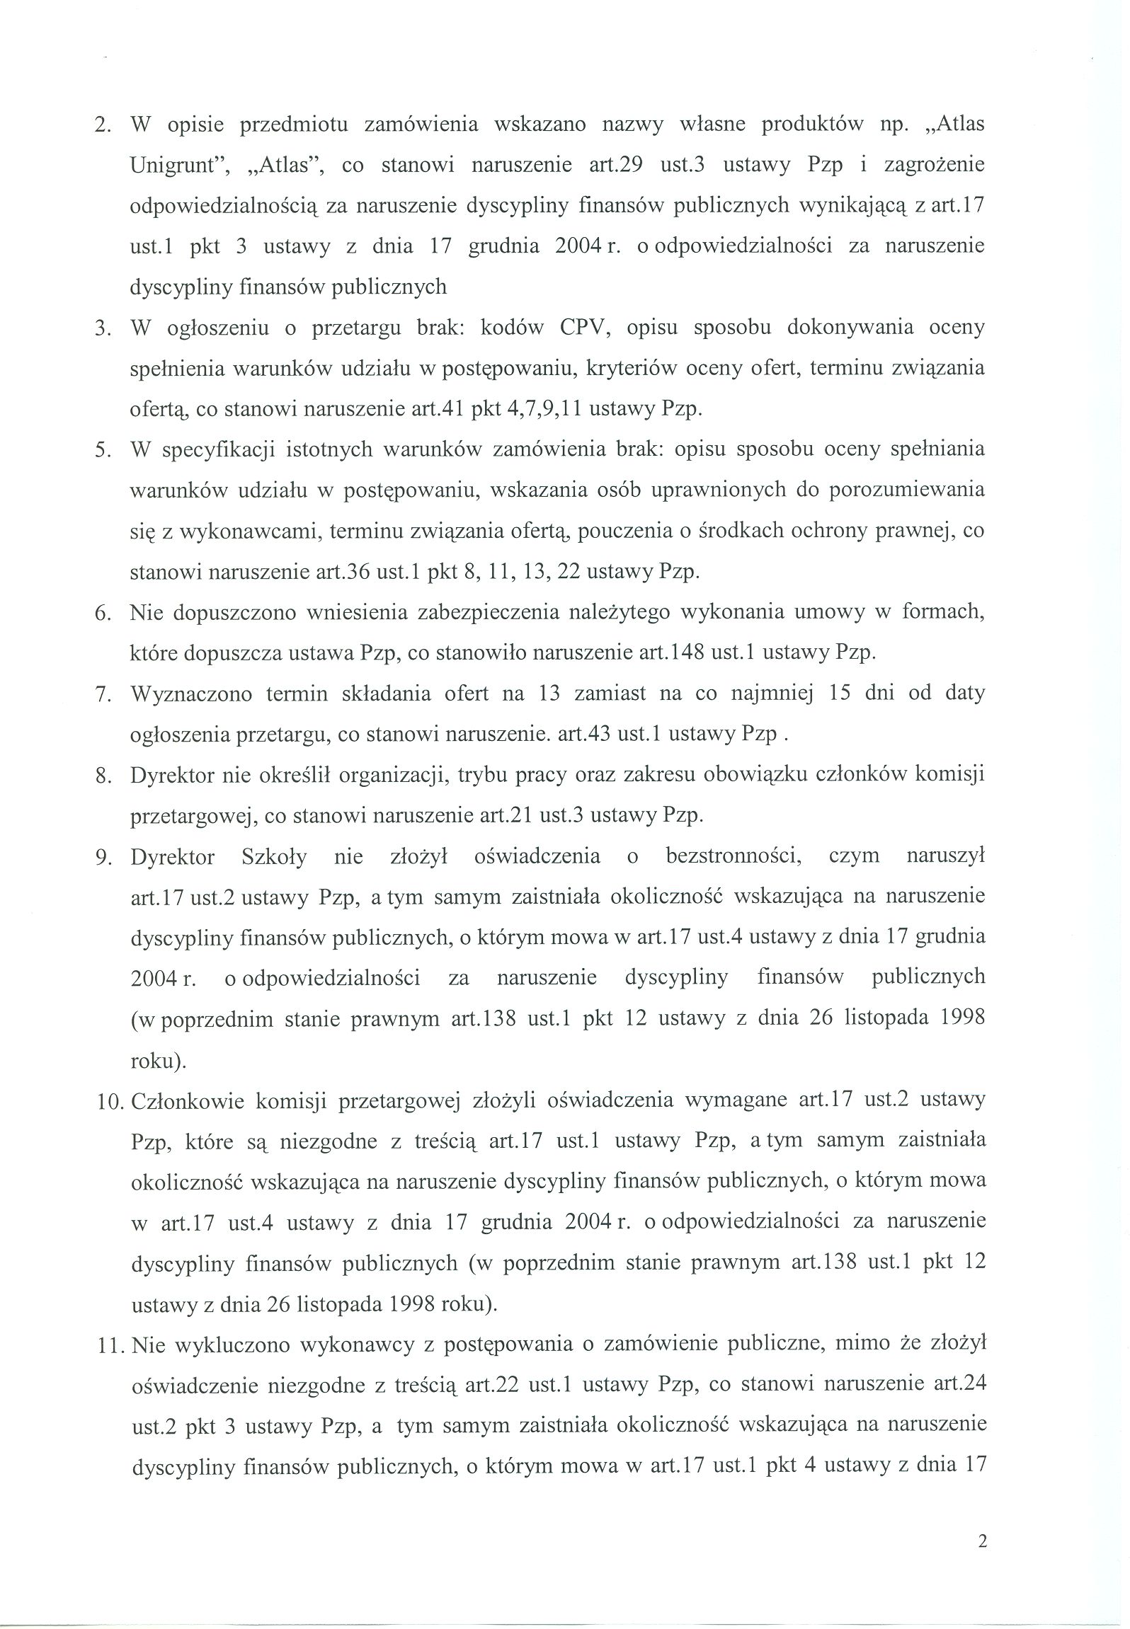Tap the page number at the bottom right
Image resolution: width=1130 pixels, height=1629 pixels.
[982, 1562]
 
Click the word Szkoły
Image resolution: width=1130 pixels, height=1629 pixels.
[274, 857]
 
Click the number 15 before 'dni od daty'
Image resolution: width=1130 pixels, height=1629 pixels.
[839, 693]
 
